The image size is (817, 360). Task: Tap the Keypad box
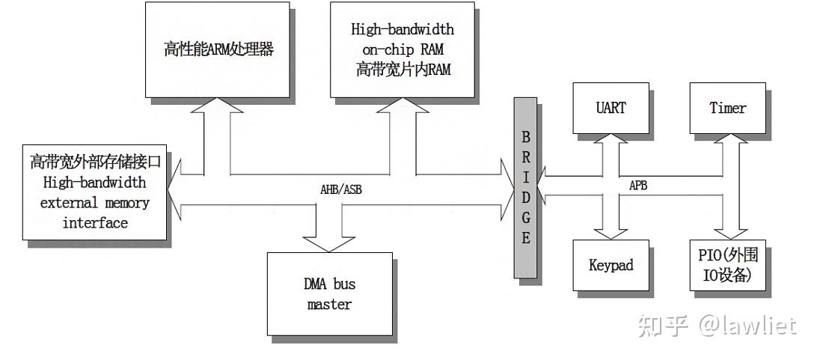(x=611, y=265)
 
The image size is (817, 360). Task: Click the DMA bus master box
(x=329, y=293)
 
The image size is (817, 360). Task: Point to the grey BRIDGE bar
(x=525, y=187)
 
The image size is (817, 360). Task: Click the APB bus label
(x=637, y=186)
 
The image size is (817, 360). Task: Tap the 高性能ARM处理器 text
(x=219, y=50)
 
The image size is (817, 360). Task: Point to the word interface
(x=95, y=223)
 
